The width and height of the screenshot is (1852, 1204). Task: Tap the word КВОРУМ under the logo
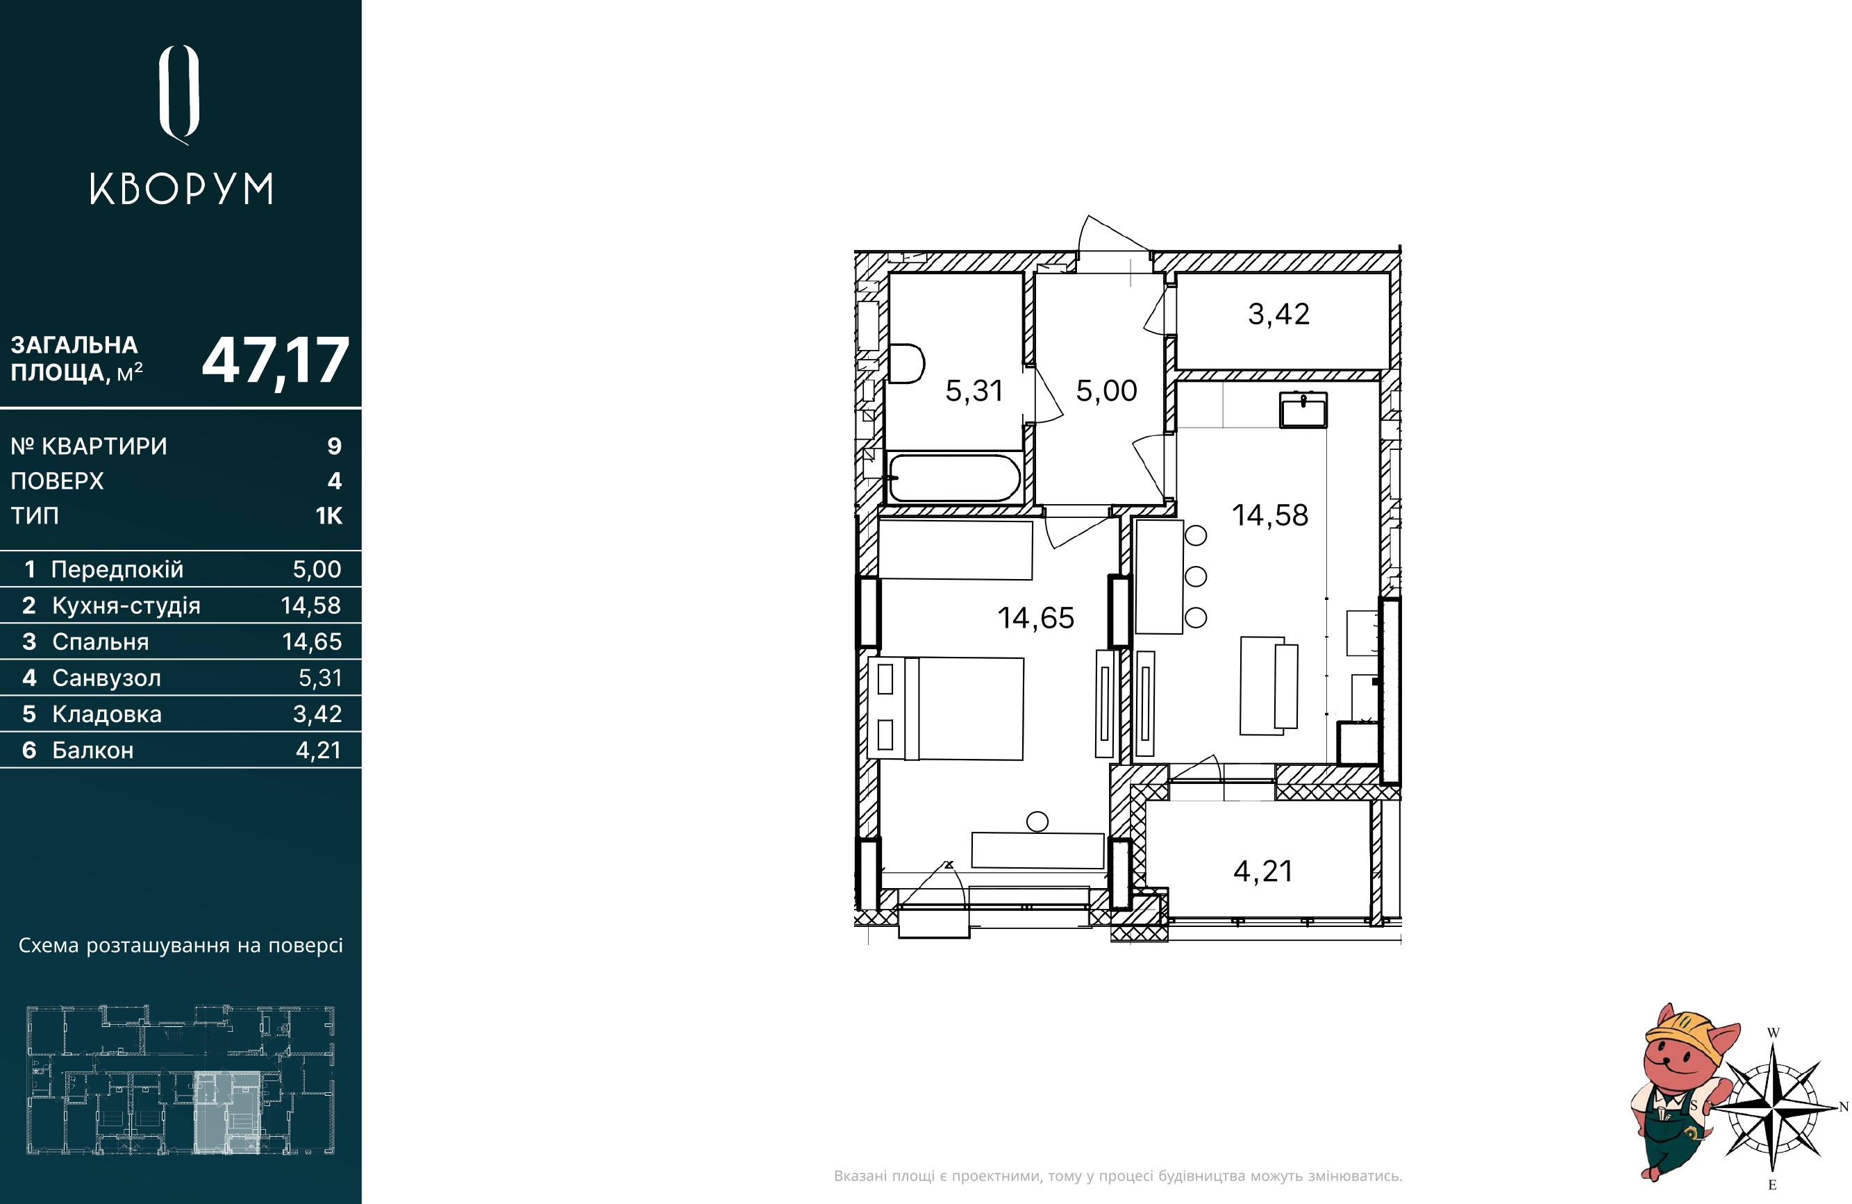point(181,189)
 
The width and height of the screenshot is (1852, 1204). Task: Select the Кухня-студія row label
point(126,605)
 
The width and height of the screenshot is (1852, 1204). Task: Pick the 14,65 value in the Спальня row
point(312,642)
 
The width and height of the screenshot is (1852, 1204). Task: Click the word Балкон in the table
point(92,751)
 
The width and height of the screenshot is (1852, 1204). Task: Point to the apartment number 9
point(335,446)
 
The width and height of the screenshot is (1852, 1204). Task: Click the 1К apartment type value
point(329,515)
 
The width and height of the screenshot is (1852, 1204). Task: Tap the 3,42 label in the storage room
point(1278,315)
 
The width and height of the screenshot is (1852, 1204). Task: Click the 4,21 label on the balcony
point(1263,871)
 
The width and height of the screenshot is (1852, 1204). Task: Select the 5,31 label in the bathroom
point(974,391)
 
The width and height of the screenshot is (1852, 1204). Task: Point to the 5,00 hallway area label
point(1106,391)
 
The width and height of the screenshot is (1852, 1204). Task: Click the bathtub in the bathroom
point(955,478)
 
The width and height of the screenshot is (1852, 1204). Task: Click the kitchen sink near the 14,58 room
point(1303,410)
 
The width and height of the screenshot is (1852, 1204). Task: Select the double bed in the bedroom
point(946,708)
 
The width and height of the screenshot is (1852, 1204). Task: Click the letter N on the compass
point(1844,1107)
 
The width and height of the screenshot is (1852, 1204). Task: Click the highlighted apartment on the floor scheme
point(226,1112)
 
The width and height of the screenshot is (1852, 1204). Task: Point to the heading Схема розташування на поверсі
point(181,946)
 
